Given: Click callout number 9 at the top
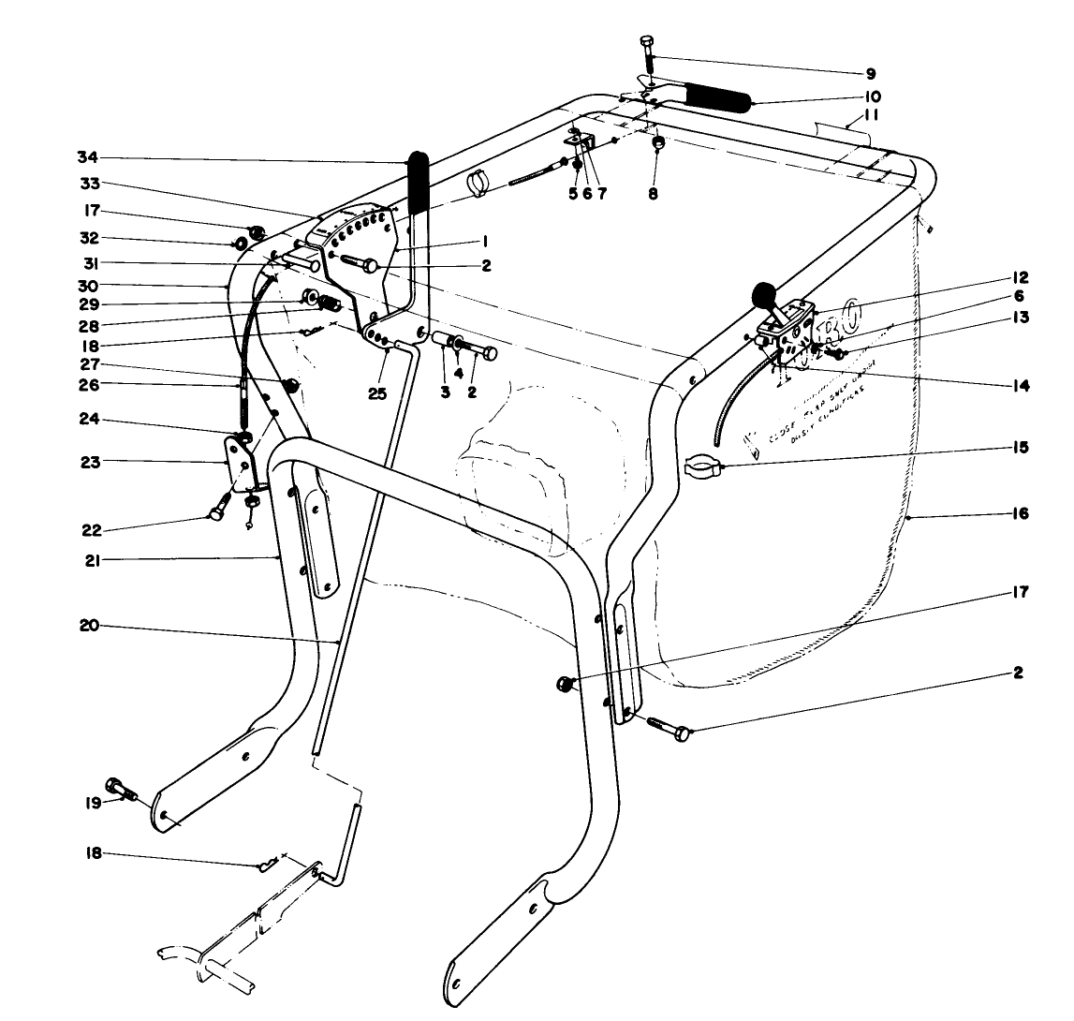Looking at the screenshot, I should click(871, 72).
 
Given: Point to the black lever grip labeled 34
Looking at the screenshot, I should click(417, 182).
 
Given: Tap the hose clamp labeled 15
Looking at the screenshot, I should click(704, 463).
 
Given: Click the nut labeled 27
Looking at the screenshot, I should click(288, 385).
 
